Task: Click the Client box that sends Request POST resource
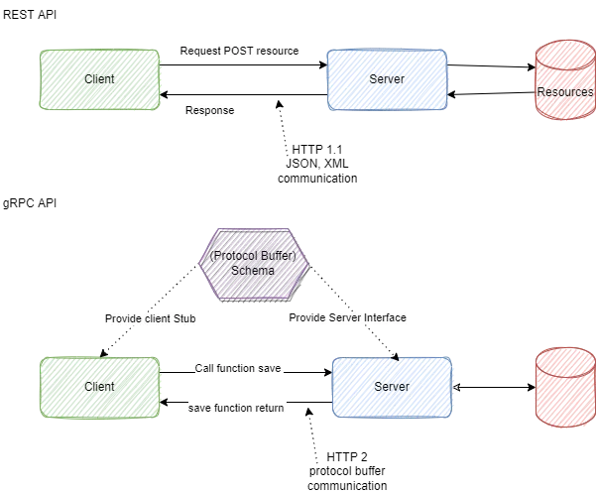100,78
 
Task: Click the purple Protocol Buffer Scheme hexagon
254,262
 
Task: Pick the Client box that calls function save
99,386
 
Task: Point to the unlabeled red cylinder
564,390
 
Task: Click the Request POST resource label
238,52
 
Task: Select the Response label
210,111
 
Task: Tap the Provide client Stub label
151,318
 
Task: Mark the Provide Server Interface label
347,317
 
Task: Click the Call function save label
239,368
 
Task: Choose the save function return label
236,408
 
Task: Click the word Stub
184,318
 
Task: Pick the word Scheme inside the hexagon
253,271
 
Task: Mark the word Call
203,368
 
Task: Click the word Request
199,52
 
